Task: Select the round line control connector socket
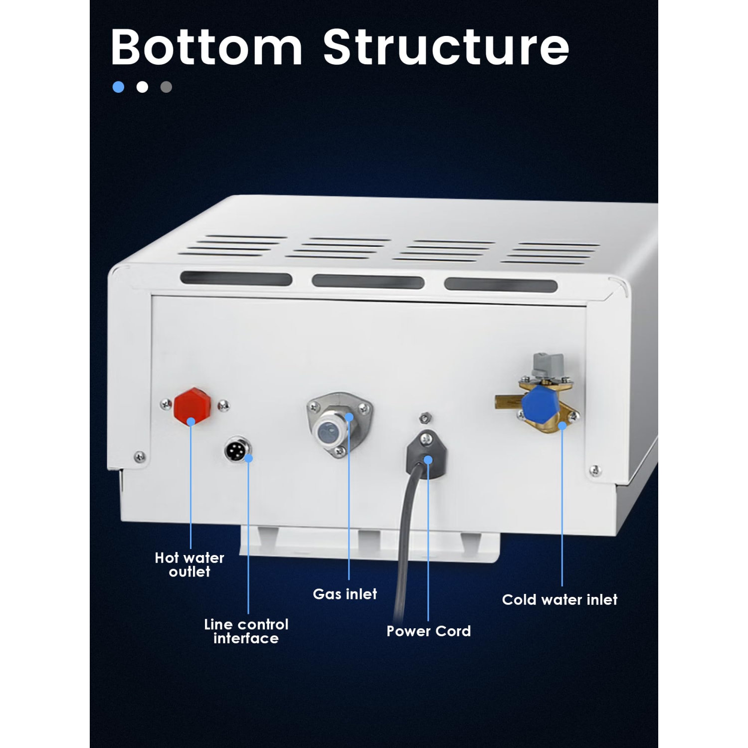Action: (237, 450)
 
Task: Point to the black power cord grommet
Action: (426, 454)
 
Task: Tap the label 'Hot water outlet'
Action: (189, 564)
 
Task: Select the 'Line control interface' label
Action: (246, 631)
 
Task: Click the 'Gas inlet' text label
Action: (345, 594)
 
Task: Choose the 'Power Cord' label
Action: (428, 631)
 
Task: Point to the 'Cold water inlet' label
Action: (560, 599)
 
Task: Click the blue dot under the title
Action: (118, 87)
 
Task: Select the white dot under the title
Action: (142, 87)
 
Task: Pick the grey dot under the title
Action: (166, 87)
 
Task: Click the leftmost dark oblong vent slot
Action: (236, 279)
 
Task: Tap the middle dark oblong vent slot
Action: (368, 281)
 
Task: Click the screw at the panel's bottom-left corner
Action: (140, 456)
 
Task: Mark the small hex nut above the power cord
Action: (425, 417)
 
